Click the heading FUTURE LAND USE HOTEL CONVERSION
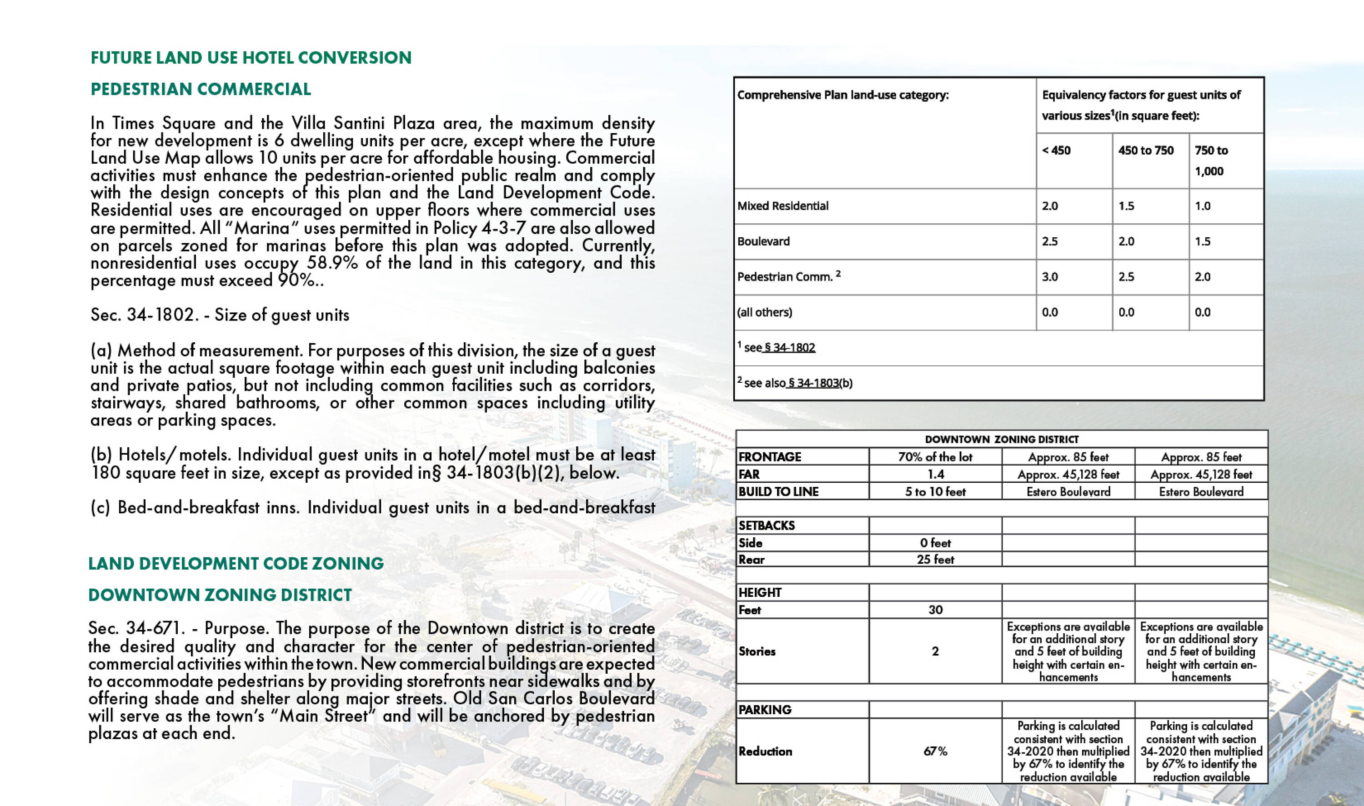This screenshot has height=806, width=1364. pyautogui.click(x=251, y=58)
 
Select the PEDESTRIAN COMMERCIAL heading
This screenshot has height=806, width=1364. pyautogui.click(x=201, y=89)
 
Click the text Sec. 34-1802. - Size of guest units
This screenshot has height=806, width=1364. pyautogui.click(x=220, y=315)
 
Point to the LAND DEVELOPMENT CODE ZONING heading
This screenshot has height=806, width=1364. pyautogui.click(x=236, y=563)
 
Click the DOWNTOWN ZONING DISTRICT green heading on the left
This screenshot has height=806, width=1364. pyautogui.click(x=220, y=595)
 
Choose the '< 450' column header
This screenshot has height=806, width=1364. pyautogui.click(x=1056, y=150)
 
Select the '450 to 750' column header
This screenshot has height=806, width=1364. pyautogui.click(x=1146, y=150)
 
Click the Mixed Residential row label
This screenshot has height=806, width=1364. pyautogui.click(x=783, y=206)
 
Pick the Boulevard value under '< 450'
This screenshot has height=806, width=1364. pyautogui.click(x=1049, y=241)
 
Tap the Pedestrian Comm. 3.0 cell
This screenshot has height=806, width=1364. pyautogui.click(x=1049, y=276)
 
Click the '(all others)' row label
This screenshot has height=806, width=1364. pyautogui.click(x=764, y=312)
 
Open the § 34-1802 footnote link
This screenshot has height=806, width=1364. pyautogui.click(x=789, y=348)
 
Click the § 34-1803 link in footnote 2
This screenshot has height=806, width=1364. pyautogui.click(x=812, y=383)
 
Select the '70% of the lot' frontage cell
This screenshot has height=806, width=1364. pyautogui.click(x=935, y=457)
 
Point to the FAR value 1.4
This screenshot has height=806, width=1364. pyautogui.click(x=935, y=474)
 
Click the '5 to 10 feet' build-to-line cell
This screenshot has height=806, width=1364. pyautogui.click(x=935, y=491)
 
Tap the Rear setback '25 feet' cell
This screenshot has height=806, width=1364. pyautogui.click(x=935, y=560)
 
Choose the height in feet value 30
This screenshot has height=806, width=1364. pyautogui.click(x=935, y=610)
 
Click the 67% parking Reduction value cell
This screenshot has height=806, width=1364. pyautogui.click(x=935, y=751)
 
